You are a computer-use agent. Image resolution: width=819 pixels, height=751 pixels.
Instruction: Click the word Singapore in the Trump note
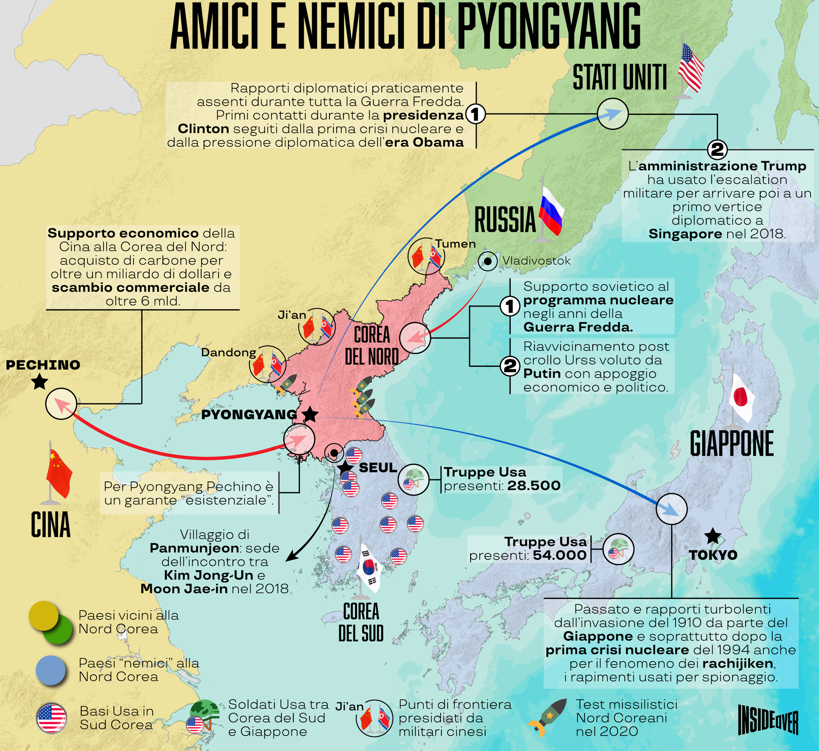[685, 234]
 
